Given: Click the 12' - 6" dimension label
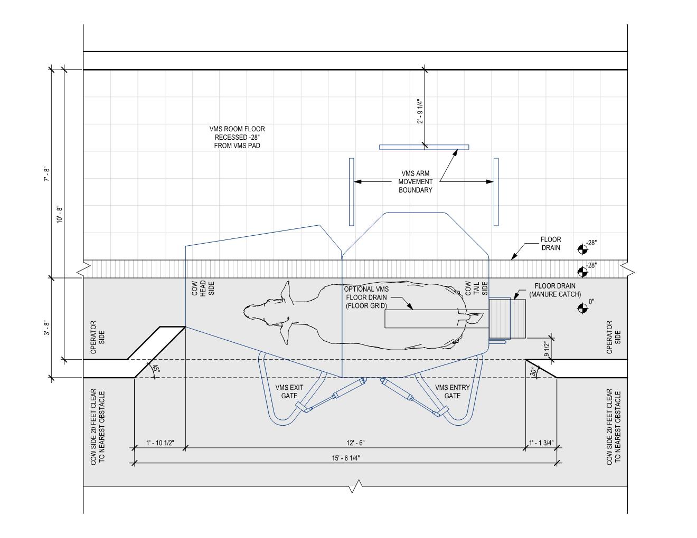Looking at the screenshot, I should click(x=355, y=443).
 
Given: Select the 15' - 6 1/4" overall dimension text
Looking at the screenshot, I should click(x=346, y=458).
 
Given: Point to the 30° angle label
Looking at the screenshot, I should click(x=533, y=372).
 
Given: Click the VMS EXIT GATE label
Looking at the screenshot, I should click(x=286, y=391).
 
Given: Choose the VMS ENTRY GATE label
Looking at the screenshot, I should click(x=453, y=391).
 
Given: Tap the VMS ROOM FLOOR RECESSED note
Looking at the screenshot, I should click(x=237, y=137).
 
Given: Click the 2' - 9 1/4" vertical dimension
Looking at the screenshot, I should click(x=420, y=111).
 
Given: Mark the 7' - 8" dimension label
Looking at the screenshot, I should click(x=47, y=174).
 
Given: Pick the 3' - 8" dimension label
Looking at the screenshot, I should click(x=47, y=329).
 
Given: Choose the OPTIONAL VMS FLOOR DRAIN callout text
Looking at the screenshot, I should click(x=366, y=297).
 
